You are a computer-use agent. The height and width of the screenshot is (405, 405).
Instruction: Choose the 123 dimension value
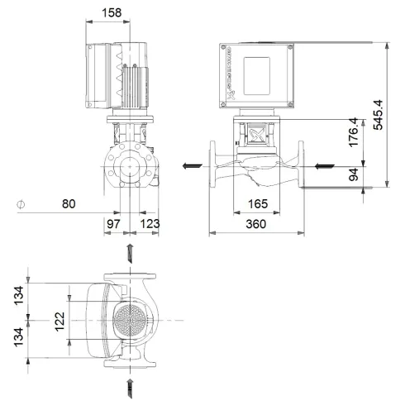point(150,225)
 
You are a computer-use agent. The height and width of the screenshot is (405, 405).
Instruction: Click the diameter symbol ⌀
point(21,203)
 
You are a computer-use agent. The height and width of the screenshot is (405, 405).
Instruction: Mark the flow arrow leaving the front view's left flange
point(191,165)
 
